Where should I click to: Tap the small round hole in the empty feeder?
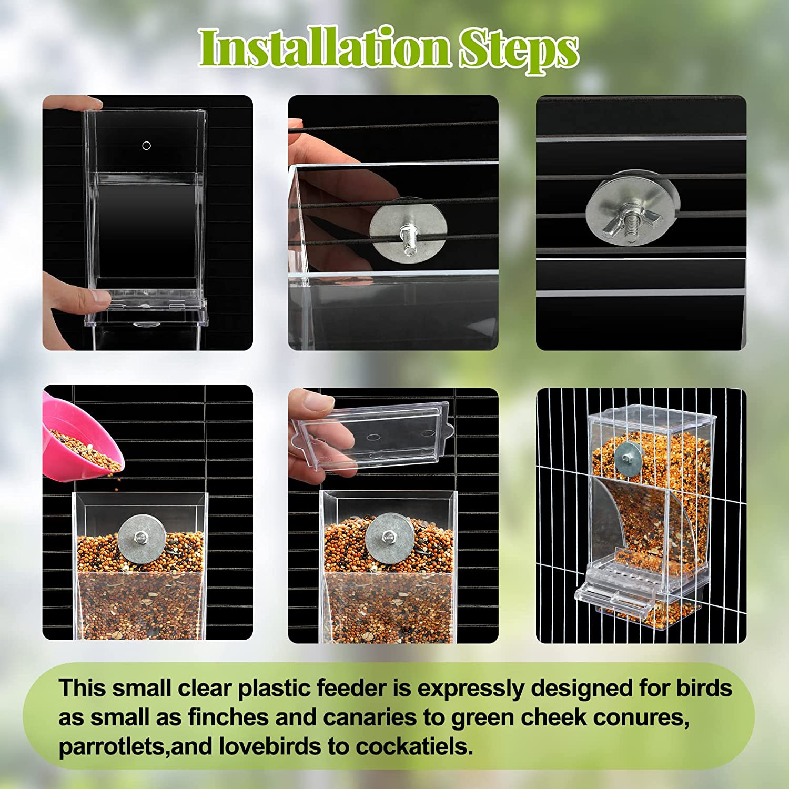pos(147,146)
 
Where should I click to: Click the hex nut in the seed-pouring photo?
pos(140,538)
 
